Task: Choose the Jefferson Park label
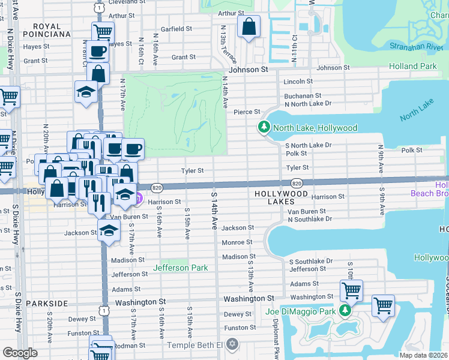(181, 268)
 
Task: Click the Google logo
(20, 352)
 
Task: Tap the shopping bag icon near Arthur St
(248, 27)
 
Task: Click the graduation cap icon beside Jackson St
(109, 231)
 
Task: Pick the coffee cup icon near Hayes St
(97, 52)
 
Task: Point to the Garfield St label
(176, 28)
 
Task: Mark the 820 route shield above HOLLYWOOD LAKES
(297, 183)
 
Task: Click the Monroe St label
(237, 242)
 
